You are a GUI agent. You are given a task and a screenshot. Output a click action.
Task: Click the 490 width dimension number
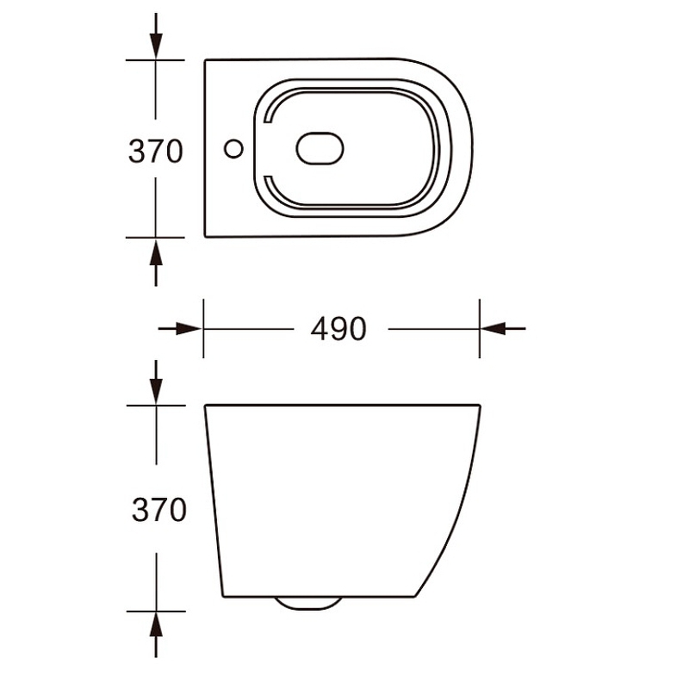pos(338,329)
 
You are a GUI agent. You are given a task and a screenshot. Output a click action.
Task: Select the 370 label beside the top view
pos(155,152)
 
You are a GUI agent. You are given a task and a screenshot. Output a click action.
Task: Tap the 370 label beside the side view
pos(159,510)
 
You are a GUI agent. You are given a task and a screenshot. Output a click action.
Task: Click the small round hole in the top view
pos(233,148)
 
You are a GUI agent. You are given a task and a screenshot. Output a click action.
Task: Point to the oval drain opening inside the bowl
pos(320,148)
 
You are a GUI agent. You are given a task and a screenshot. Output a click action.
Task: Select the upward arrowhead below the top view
pos(156,251)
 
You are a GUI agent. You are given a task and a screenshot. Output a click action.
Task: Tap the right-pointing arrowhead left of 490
pos(189,328)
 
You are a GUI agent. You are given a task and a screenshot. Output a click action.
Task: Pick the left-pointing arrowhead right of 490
pos(493,328)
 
